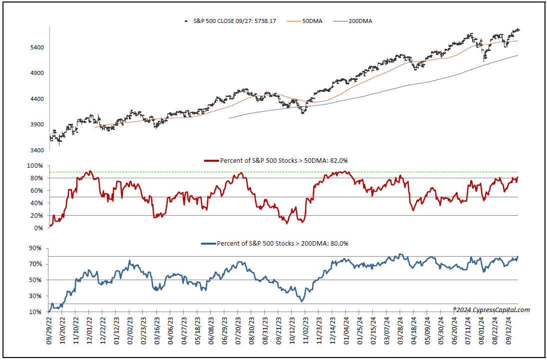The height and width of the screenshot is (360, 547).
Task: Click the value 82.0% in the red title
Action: point(339,160)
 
